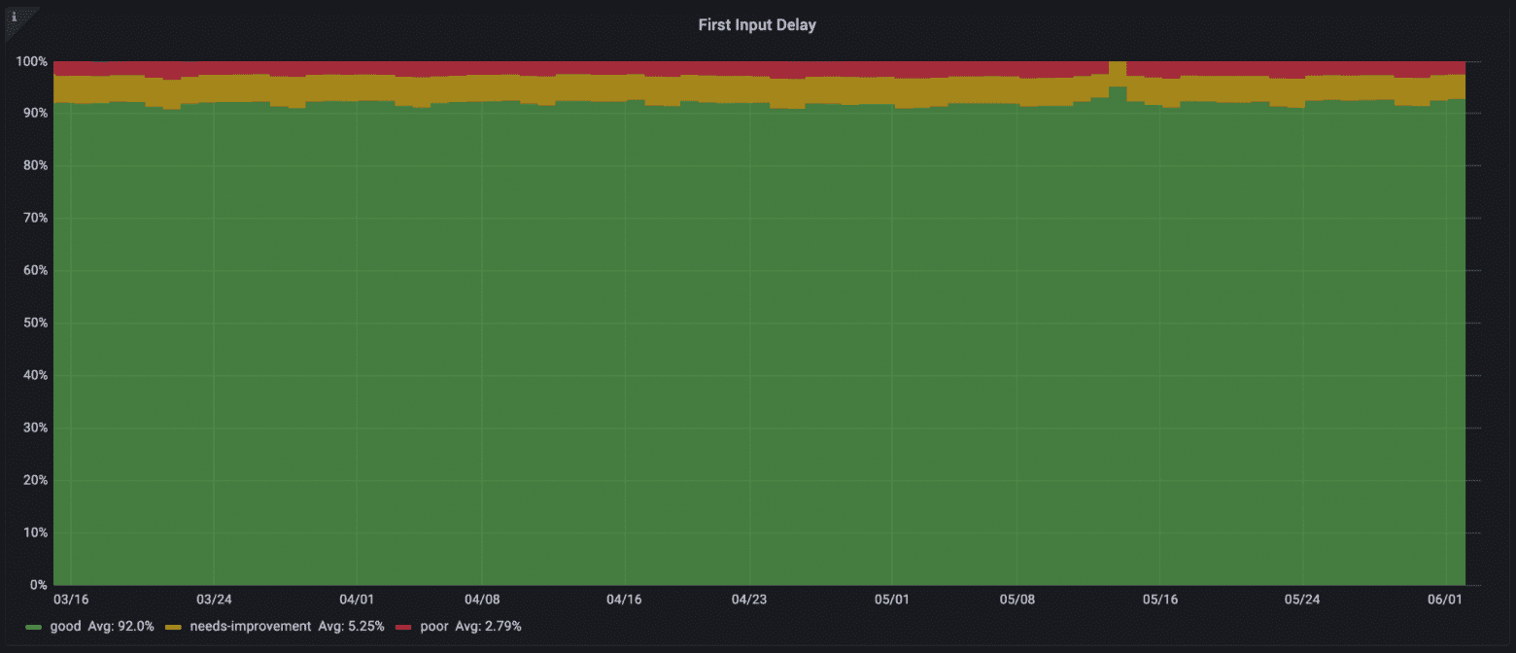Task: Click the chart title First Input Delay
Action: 757,25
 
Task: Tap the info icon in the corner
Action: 13,17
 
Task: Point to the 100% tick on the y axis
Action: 31,61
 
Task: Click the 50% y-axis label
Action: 34,323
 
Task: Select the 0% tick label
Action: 38,585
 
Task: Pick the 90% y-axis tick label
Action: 34,114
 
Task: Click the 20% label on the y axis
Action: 34,480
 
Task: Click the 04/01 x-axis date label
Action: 357,600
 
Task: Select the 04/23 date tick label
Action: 748,600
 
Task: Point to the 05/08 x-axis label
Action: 1016,600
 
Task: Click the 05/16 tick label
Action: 1159,600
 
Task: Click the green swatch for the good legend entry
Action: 34,627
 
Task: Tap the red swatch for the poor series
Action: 403,627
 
